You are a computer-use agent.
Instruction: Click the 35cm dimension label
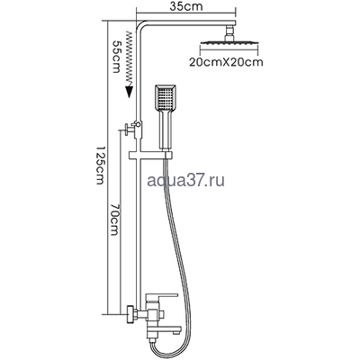point(186,6)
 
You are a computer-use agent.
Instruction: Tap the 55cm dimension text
point(116,57)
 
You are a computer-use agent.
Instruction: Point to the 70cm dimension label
point(115,220)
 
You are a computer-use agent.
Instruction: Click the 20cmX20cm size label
point(226,62)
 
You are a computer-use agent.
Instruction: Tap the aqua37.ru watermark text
point(186,181)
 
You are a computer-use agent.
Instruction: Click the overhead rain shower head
point(229,43)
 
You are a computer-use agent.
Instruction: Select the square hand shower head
point(166,97)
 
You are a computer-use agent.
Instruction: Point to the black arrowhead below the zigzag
point(130,92)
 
